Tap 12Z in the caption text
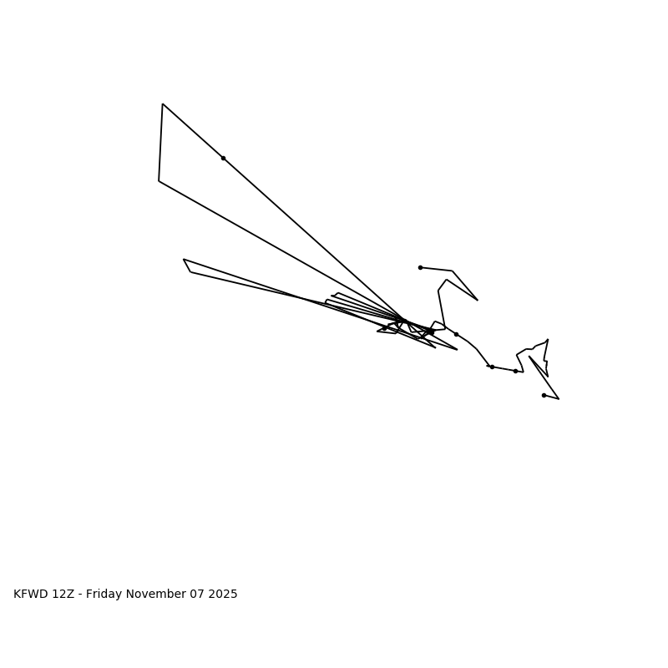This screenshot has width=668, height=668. click(65, 595)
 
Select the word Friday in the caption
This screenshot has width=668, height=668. click(105, 595)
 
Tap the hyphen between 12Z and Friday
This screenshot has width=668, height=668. click(80, 595)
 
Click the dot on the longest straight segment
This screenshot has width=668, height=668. click(223, 158)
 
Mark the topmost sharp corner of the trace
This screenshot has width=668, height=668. click(163, 104)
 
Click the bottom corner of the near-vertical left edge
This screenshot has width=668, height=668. click(159, 181)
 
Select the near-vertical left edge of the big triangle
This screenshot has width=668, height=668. click(160, 143)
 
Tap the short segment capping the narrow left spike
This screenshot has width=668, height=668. click(187, 266)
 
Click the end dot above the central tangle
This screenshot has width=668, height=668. click(420, 267)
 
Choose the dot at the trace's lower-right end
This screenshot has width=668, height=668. click(544, 395)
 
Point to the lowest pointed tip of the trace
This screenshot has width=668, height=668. click(559, 399)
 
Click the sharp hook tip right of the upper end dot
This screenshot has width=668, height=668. click(478, 300)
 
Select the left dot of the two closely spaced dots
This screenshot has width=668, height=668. click(492, 367)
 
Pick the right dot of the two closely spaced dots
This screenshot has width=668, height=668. click(515, 371)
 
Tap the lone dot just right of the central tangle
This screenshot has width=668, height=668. click(456, 334)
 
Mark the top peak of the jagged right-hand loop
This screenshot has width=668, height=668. click(548, 340)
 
